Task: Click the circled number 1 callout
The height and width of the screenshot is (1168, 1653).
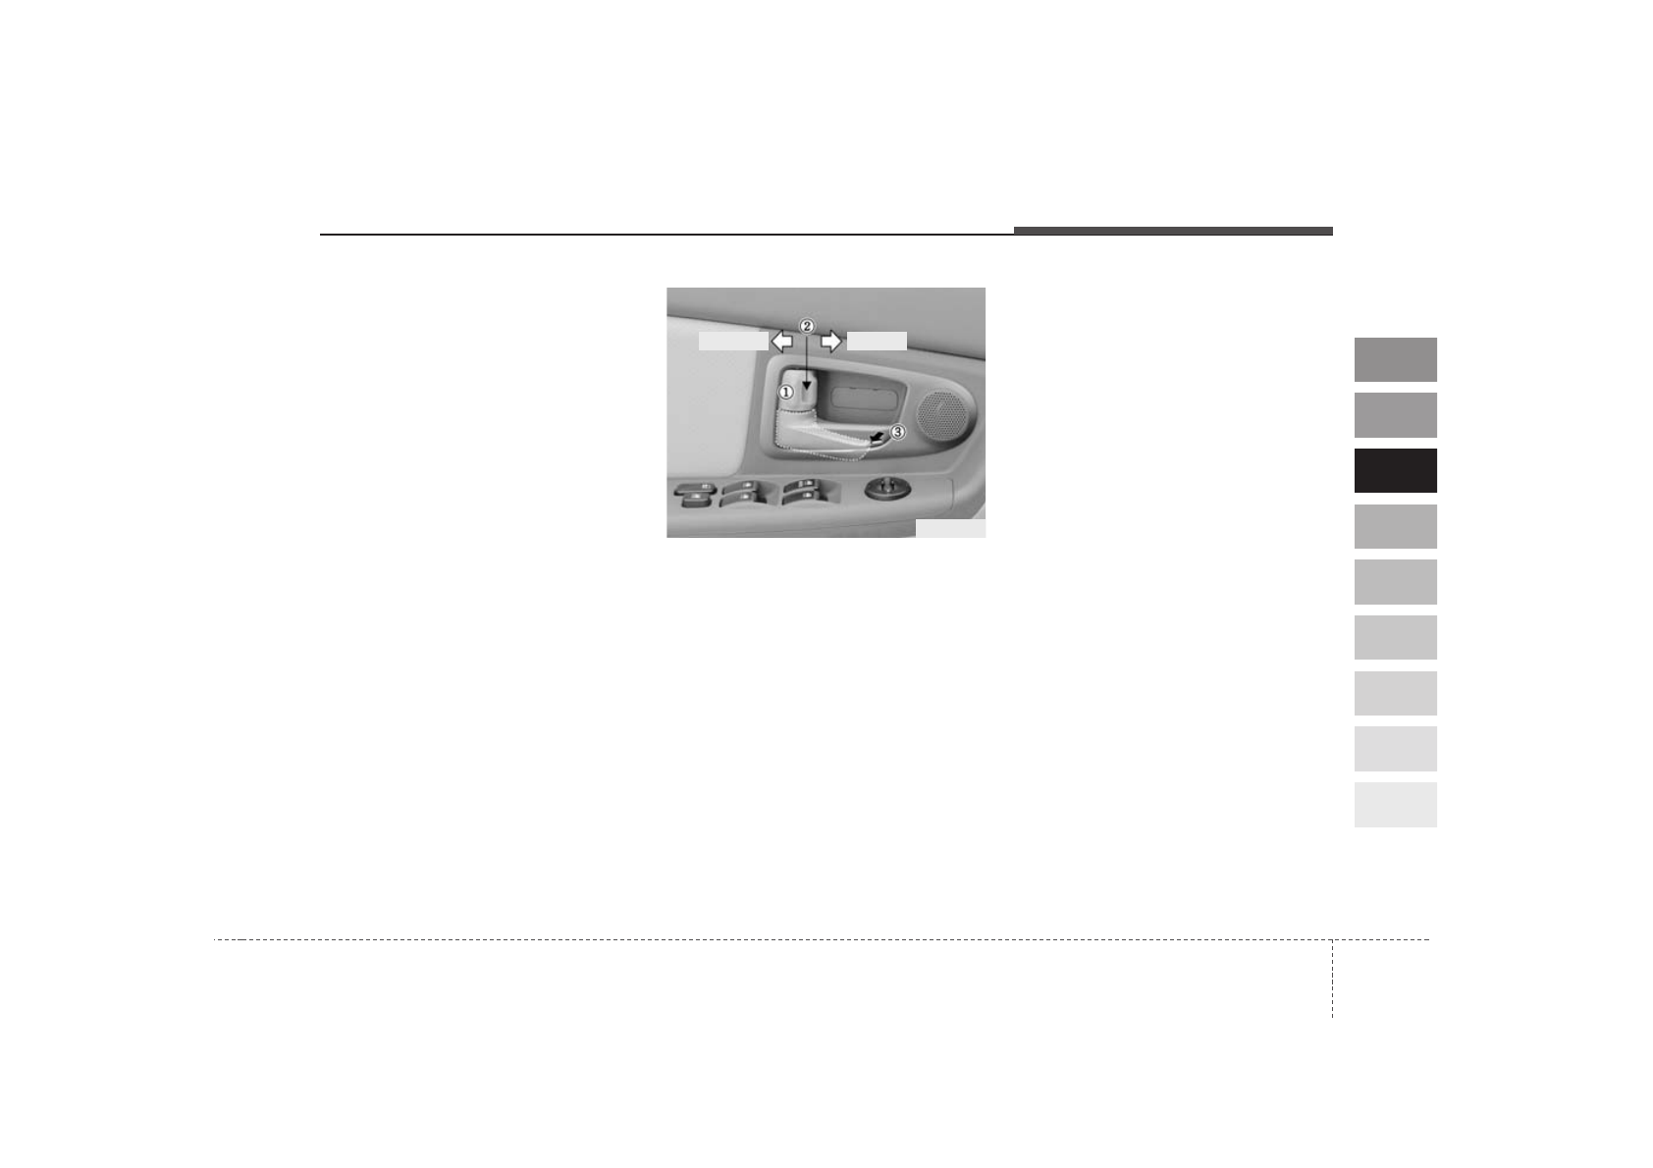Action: [x=786, y=393]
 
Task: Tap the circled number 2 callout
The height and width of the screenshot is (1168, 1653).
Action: [x=807, y=326]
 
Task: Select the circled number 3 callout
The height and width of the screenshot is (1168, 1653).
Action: [x=897, y=433]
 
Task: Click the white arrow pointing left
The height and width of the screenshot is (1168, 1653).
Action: [x=781, y=341]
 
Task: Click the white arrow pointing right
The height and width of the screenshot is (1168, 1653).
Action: [x=831, y=341]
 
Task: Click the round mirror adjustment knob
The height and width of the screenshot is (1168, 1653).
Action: [x=887, y=488]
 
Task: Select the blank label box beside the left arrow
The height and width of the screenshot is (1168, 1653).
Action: [x=733, y=341]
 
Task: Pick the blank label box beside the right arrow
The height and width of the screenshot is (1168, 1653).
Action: [x=877, y=341]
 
